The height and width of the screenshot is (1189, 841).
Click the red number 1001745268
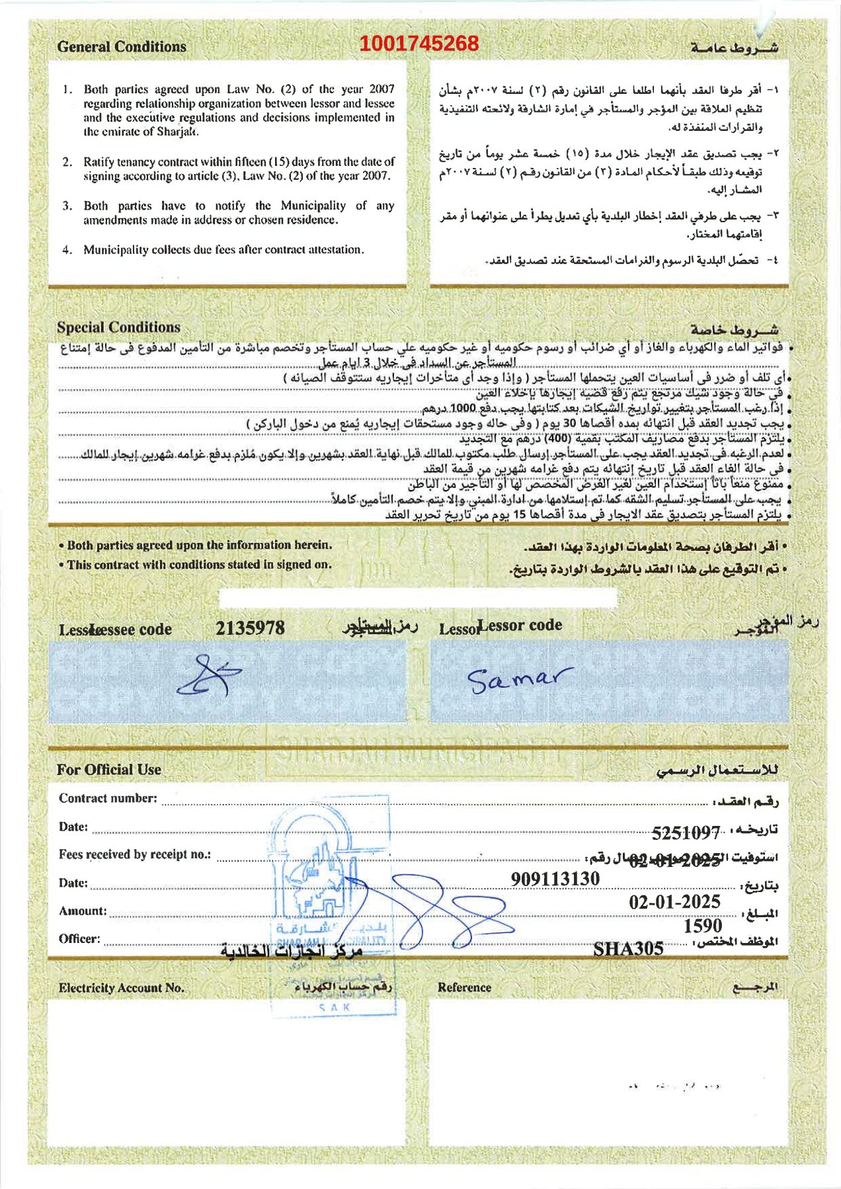point(419,44)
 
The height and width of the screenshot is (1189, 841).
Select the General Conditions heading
point(122,47)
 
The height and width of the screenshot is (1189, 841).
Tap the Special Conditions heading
point(118,327)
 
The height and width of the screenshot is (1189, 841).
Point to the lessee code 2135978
point(250,628)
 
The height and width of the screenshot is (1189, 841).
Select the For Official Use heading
point(109,770)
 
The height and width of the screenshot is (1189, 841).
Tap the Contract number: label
point(108,798)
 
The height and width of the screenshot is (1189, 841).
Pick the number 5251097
point(686,833)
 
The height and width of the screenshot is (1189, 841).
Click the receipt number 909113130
point(555,879)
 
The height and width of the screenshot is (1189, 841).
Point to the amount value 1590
point(703,926)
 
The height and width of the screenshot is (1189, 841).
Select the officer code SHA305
point(628,949)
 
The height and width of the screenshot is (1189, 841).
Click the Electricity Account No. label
point(121,988)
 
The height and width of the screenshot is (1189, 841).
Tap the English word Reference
point(464,987)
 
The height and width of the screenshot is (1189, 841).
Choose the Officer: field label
point(79,939)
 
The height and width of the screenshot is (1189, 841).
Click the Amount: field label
point(83,911)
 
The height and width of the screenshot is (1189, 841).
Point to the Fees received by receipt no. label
point(135,854)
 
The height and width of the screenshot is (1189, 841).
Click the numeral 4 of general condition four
point(67,250)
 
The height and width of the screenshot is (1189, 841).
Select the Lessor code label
point(520,626)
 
